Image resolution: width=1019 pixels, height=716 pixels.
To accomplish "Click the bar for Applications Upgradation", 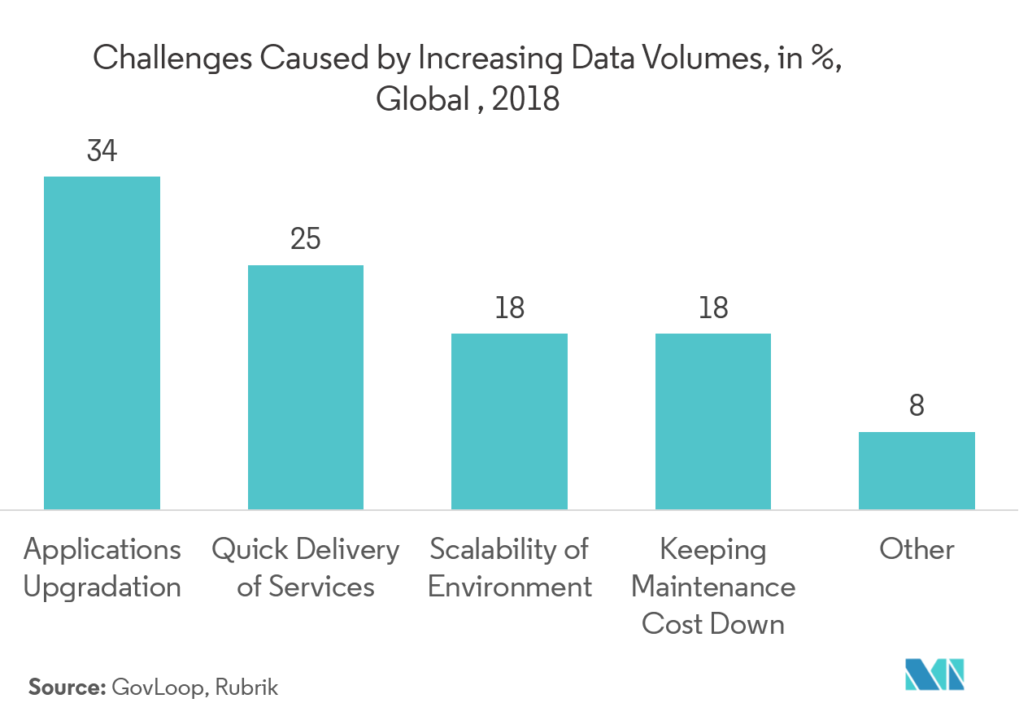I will pyautogui.click(x=102, y=343).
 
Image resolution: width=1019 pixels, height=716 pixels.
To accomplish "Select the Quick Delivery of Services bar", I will pyautogui.click(x=306, y=387).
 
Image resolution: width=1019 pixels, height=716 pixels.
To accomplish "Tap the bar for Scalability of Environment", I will pyautogui.click(x=509, y=421).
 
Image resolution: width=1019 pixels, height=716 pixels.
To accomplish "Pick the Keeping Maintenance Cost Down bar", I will pyautogui.click(x=713, y=421).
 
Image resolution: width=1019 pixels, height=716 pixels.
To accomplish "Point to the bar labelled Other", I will pyautogui.click(x=917, y=470).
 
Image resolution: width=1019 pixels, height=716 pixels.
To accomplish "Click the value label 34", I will pyautogui.click(x=102, y=151).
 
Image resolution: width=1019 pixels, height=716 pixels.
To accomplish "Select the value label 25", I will pyautogui.click(x=306, y=239).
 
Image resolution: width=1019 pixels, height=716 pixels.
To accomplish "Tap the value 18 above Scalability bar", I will pyautogui.click(x=509, y=308).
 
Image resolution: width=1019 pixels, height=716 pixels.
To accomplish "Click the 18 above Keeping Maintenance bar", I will pyautogui.click(x=713, y=308).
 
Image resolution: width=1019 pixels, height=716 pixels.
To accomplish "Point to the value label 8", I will pyautogui.click(x=917, y=406).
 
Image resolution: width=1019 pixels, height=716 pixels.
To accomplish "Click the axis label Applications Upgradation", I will pyautogui.click(x=102, y=568).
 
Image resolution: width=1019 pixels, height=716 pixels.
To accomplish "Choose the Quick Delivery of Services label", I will pyautogui.click(x=306, y=568).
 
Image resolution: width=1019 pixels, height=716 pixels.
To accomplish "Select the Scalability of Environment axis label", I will pyautogui.click(x=509, y=568).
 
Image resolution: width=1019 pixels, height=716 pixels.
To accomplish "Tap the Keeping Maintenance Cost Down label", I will pyautogui.click(x=713, y=587).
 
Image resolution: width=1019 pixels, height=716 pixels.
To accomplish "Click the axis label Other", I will pyautogui.click(x=917, y=549).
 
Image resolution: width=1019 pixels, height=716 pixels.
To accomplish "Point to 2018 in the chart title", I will pyautogui.click(x=526, y=99).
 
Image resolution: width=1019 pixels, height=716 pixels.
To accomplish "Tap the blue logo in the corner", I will pyautogui.click(x=934, y=673).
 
